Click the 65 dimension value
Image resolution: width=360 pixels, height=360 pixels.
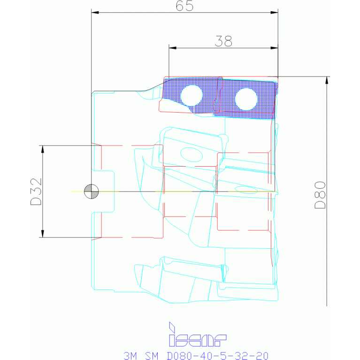[184, 6]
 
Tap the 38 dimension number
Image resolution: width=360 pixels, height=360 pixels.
[223, 41]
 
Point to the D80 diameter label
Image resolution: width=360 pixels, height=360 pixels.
[320, 195]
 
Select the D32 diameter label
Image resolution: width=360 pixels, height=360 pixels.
[36, 191]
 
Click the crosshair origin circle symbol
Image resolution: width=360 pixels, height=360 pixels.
[92, 191]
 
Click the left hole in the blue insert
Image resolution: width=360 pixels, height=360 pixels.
[191, 95]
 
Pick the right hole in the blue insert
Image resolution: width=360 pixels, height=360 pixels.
[246, 99]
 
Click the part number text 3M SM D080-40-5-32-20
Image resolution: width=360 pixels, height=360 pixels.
[196, 356]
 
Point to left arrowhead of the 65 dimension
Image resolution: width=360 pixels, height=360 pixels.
[95, 12]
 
